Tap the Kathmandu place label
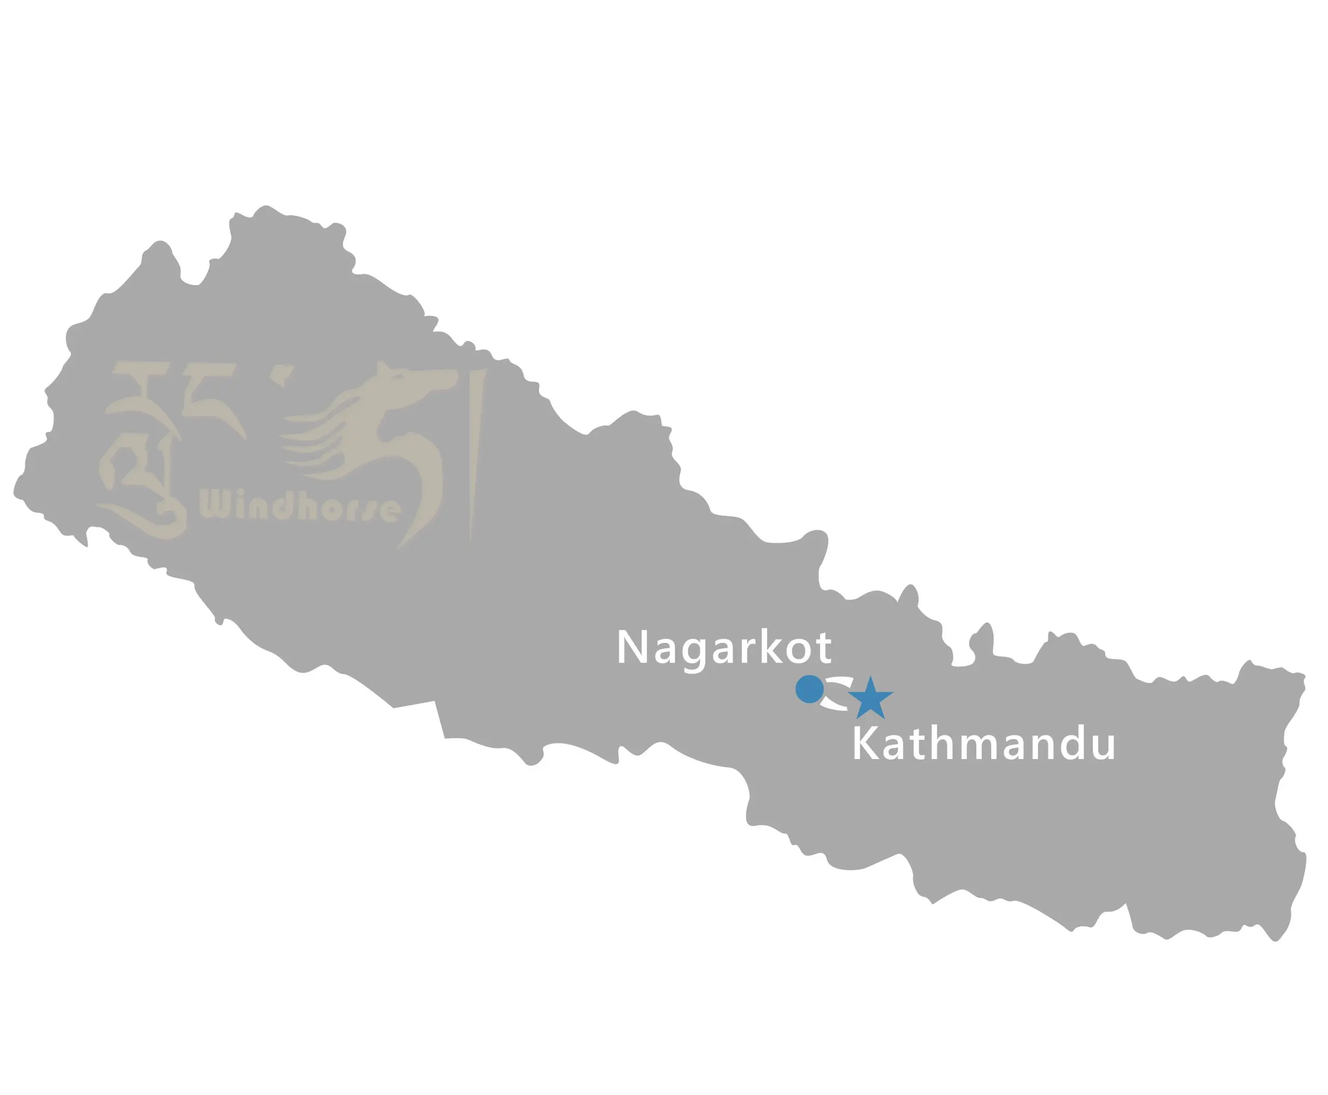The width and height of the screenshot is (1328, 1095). (x=984, y=745)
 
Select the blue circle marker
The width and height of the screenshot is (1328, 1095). (x=809, y=689)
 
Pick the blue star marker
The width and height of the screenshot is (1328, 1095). (x=870, y=699)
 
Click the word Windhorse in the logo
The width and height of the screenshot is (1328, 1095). (x=299, y=506)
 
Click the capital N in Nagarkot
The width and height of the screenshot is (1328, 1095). (x=632, y=647)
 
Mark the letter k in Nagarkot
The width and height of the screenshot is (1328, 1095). (x=772, y=647)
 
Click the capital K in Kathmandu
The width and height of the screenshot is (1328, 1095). (x=866, y=745)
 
